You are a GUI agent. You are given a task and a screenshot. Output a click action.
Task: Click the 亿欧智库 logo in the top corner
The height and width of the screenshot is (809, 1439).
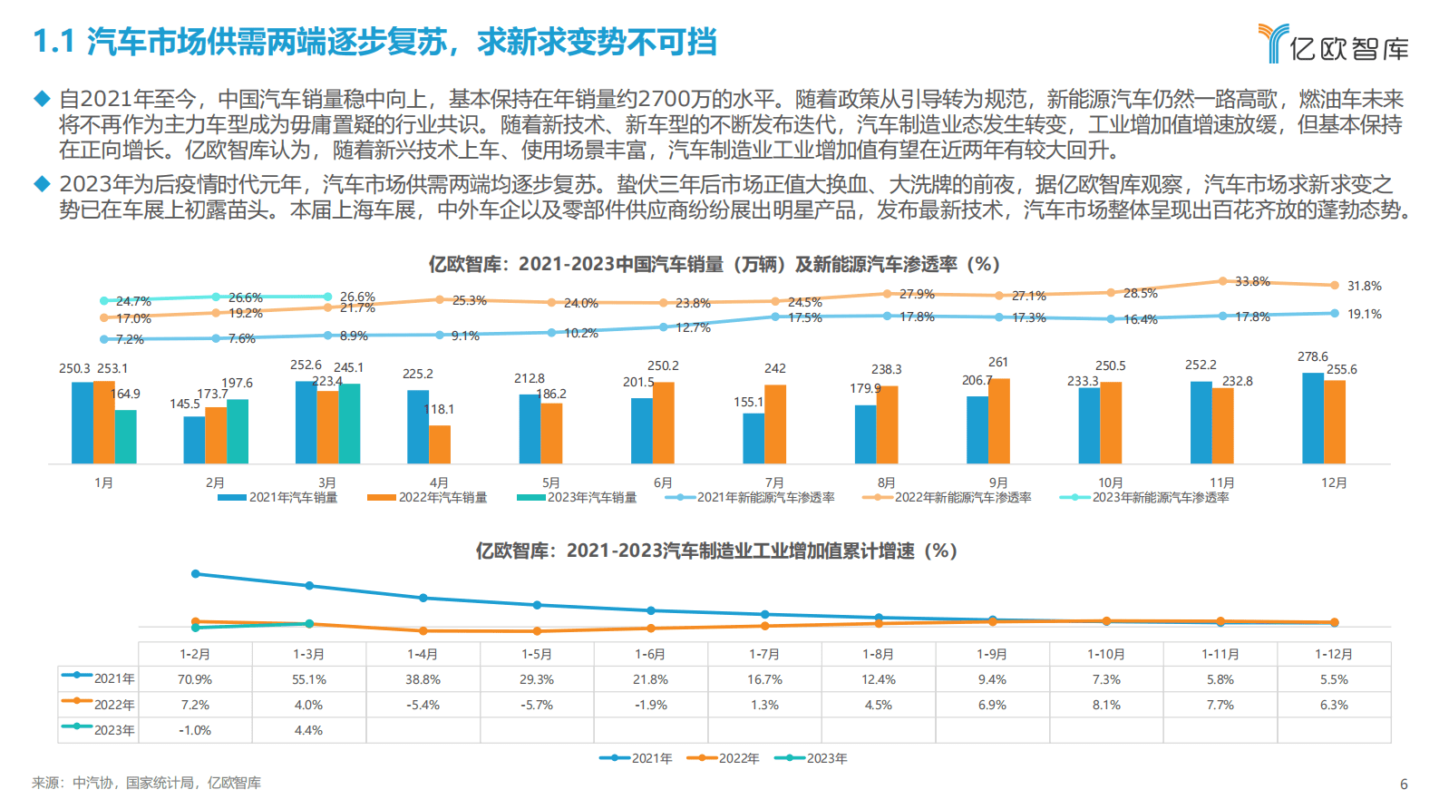(x=1333, y=44)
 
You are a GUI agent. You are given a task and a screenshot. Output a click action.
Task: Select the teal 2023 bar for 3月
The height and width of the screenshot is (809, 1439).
(x=349, y=424)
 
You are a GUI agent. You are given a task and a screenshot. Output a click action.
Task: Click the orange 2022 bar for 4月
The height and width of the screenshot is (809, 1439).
(x=440, y=444)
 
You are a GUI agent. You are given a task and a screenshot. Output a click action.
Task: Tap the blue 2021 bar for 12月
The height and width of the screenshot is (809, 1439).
(x=1312, y=418)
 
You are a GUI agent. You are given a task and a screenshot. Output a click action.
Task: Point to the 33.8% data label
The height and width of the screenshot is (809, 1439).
(x=1252, y=281)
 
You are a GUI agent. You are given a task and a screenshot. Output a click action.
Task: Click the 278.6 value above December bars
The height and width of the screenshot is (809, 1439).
(x=1312, y=356)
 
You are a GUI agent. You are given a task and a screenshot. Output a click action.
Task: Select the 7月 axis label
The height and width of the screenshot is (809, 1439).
(x=774, y=482)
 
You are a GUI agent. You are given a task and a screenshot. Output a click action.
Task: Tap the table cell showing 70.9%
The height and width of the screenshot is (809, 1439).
(x=195, y=679)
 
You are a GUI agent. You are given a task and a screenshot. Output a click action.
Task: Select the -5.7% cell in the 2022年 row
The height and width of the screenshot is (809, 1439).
(x=537, y=705)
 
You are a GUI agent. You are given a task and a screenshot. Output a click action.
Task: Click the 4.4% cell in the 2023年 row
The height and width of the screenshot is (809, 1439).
(x=308, y=730)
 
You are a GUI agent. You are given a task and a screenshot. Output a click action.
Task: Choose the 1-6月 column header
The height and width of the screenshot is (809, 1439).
(x=650, y=654)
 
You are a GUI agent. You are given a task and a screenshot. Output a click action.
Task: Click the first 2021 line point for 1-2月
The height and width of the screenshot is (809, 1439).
(x=195, y=574)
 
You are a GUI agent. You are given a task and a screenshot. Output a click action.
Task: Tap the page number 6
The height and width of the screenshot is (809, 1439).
(x=1404, y=785)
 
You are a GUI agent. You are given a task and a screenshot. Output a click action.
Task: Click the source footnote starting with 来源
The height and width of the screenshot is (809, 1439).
(x=146, y=783)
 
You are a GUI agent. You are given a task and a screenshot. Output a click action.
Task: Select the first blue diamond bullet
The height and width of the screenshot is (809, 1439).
(x=42, y=98)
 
